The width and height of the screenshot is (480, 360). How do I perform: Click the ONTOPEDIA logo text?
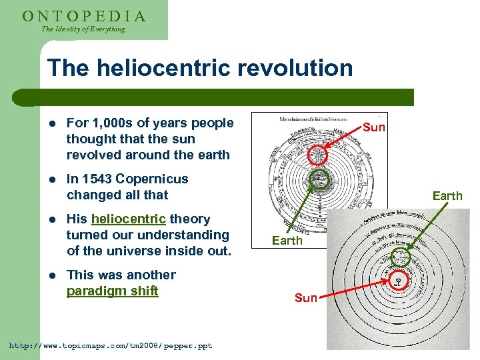click(x=84, y=15)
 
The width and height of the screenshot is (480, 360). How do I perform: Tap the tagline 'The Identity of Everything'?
click(x=83, y=29)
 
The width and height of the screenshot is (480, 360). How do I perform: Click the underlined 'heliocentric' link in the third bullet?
click(x=128, y=219)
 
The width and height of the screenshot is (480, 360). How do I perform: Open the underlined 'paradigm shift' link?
click(x=112, y=291)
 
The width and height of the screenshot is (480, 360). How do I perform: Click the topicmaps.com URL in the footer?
click(x=110, y=345)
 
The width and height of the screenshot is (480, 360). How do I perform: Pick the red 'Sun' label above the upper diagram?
click(x=374, y=127)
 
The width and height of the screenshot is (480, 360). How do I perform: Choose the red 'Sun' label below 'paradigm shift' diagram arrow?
click(x=305, y=298)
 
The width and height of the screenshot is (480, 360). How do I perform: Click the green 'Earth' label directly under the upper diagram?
click(x=287, y=241)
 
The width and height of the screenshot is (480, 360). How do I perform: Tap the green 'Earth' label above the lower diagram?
click(x=447, y=196)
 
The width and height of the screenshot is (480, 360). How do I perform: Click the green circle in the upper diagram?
click(x=321, y=179)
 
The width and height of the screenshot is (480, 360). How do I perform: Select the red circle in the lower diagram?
click(x=399, y=280)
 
